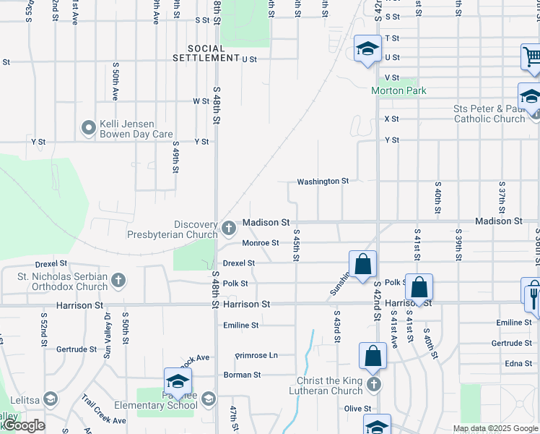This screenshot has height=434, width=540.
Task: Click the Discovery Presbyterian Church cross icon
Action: point(229,229)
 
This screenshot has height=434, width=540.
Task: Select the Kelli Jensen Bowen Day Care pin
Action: point(89,128)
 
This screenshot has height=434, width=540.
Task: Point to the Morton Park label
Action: point(399,90)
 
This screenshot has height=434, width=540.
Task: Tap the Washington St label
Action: point(323,181)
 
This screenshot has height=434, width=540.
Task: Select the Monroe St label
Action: point(260,243)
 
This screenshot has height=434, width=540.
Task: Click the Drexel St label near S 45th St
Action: point(240,263)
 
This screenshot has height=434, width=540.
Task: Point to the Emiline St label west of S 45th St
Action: point(240,325)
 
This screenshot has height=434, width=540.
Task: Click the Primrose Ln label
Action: point(256,356)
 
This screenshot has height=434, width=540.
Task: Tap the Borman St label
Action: point(242,375)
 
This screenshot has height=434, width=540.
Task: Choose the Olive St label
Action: point(357,409)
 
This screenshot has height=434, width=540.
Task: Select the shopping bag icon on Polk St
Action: point(419,287)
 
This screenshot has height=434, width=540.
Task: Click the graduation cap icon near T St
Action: point(367,49)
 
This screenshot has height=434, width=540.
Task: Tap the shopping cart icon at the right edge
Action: point(532,56)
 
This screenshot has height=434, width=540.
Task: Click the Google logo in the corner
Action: point(24,425)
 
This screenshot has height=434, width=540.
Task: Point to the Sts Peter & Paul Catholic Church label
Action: point(489,114)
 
